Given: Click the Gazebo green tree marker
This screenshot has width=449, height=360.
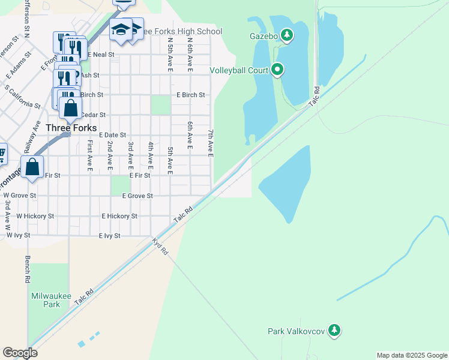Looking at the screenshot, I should [x=288, y=35].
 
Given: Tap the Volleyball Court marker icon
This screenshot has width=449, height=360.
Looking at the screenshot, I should [x=277, y=70].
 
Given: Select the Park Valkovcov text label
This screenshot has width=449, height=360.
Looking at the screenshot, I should [x=297, y=331].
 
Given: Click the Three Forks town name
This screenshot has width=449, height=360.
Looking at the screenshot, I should [x=71, y=128].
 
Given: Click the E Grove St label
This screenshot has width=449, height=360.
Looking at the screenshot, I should [x=137, y=196].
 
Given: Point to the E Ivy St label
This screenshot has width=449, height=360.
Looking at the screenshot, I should [x=110, y=236].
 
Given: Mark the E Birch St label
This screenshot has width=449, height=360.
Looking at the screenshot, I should [x=191, y=95].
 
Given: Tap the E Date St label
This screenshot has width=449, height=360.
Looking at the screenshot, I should [x=113, y=136].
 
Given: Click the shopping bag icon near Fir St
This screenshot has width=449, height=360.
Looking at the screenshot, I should [x=32, y=166].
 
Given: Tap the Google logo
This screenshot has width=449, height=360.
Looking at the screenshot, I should [x=20, y=353].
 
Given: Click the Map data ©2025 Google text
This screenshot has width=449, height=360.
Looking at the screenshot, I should [x=411, y=355].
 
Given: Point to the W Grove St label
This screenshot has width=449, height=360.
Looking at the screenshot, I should [x=20, y=196].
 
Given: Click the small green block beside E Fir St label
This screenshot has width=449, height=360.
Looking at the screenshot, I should [x=121, y=185].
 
